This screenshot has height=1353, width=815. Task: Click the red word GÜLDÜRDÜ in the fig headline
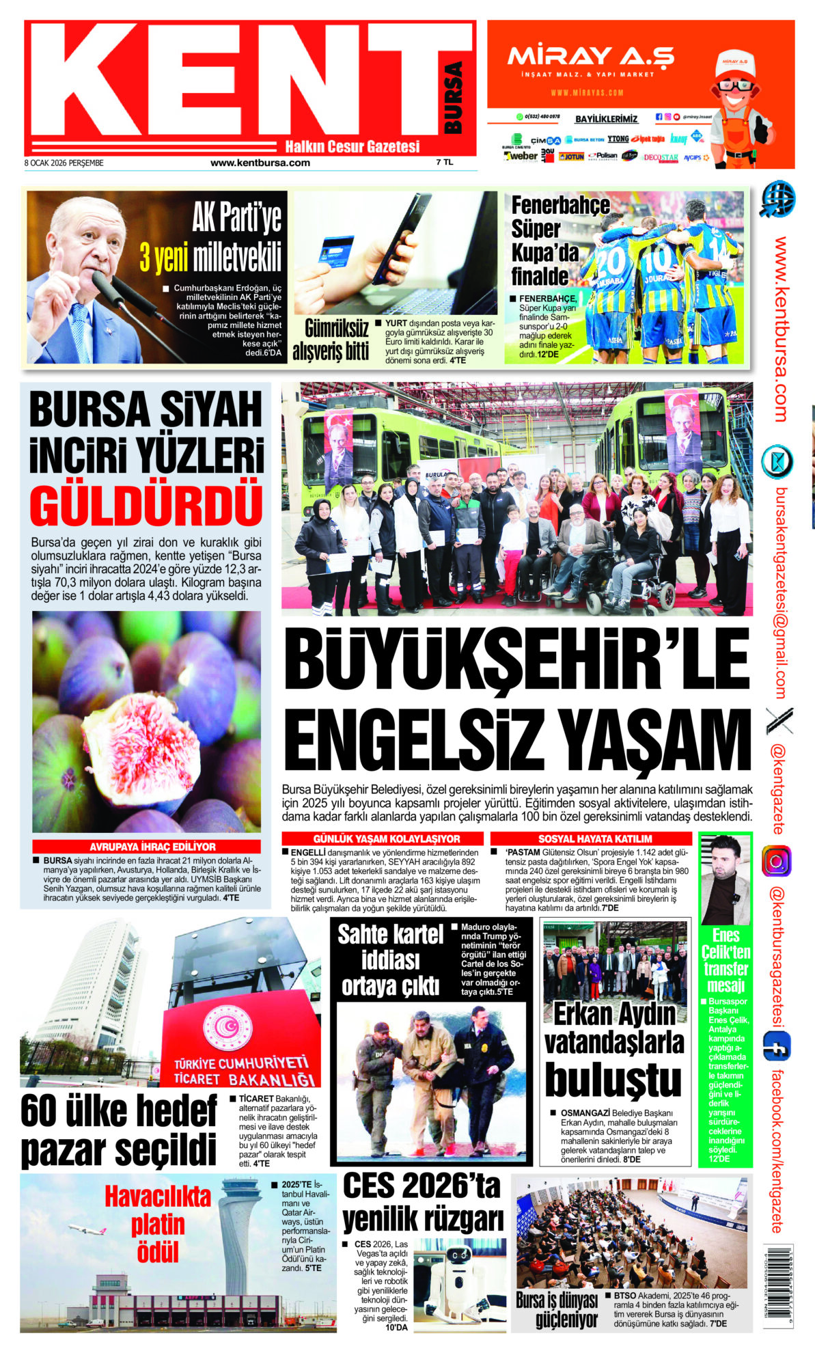pyautogui.click(x=146, y=504)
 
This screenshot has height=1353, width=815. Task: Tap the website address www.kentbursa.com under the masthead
pyautogui.click(x=260, y=163)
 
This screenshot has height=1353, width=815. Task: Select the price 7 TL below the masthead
pyautogui.click(x=444, y=163)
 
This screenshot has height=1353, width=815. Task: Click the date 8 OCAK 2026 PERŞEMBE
pyautogui.click(x=64, y=163)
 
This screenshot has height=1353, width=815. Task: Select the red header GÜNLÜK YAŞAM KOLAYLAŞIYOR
pyautogui.click(x=386, y=838)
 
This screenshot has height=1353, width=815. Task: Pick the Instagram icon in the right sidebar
pyautogui.click(x=777, y=860)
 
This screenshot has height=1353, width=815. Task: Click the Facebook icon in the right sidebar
pyautogui.click(x=777, y=1046)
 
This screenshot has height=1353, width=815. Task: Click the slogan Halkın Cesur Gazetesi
pyautogui.click(x=352, y=146)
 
